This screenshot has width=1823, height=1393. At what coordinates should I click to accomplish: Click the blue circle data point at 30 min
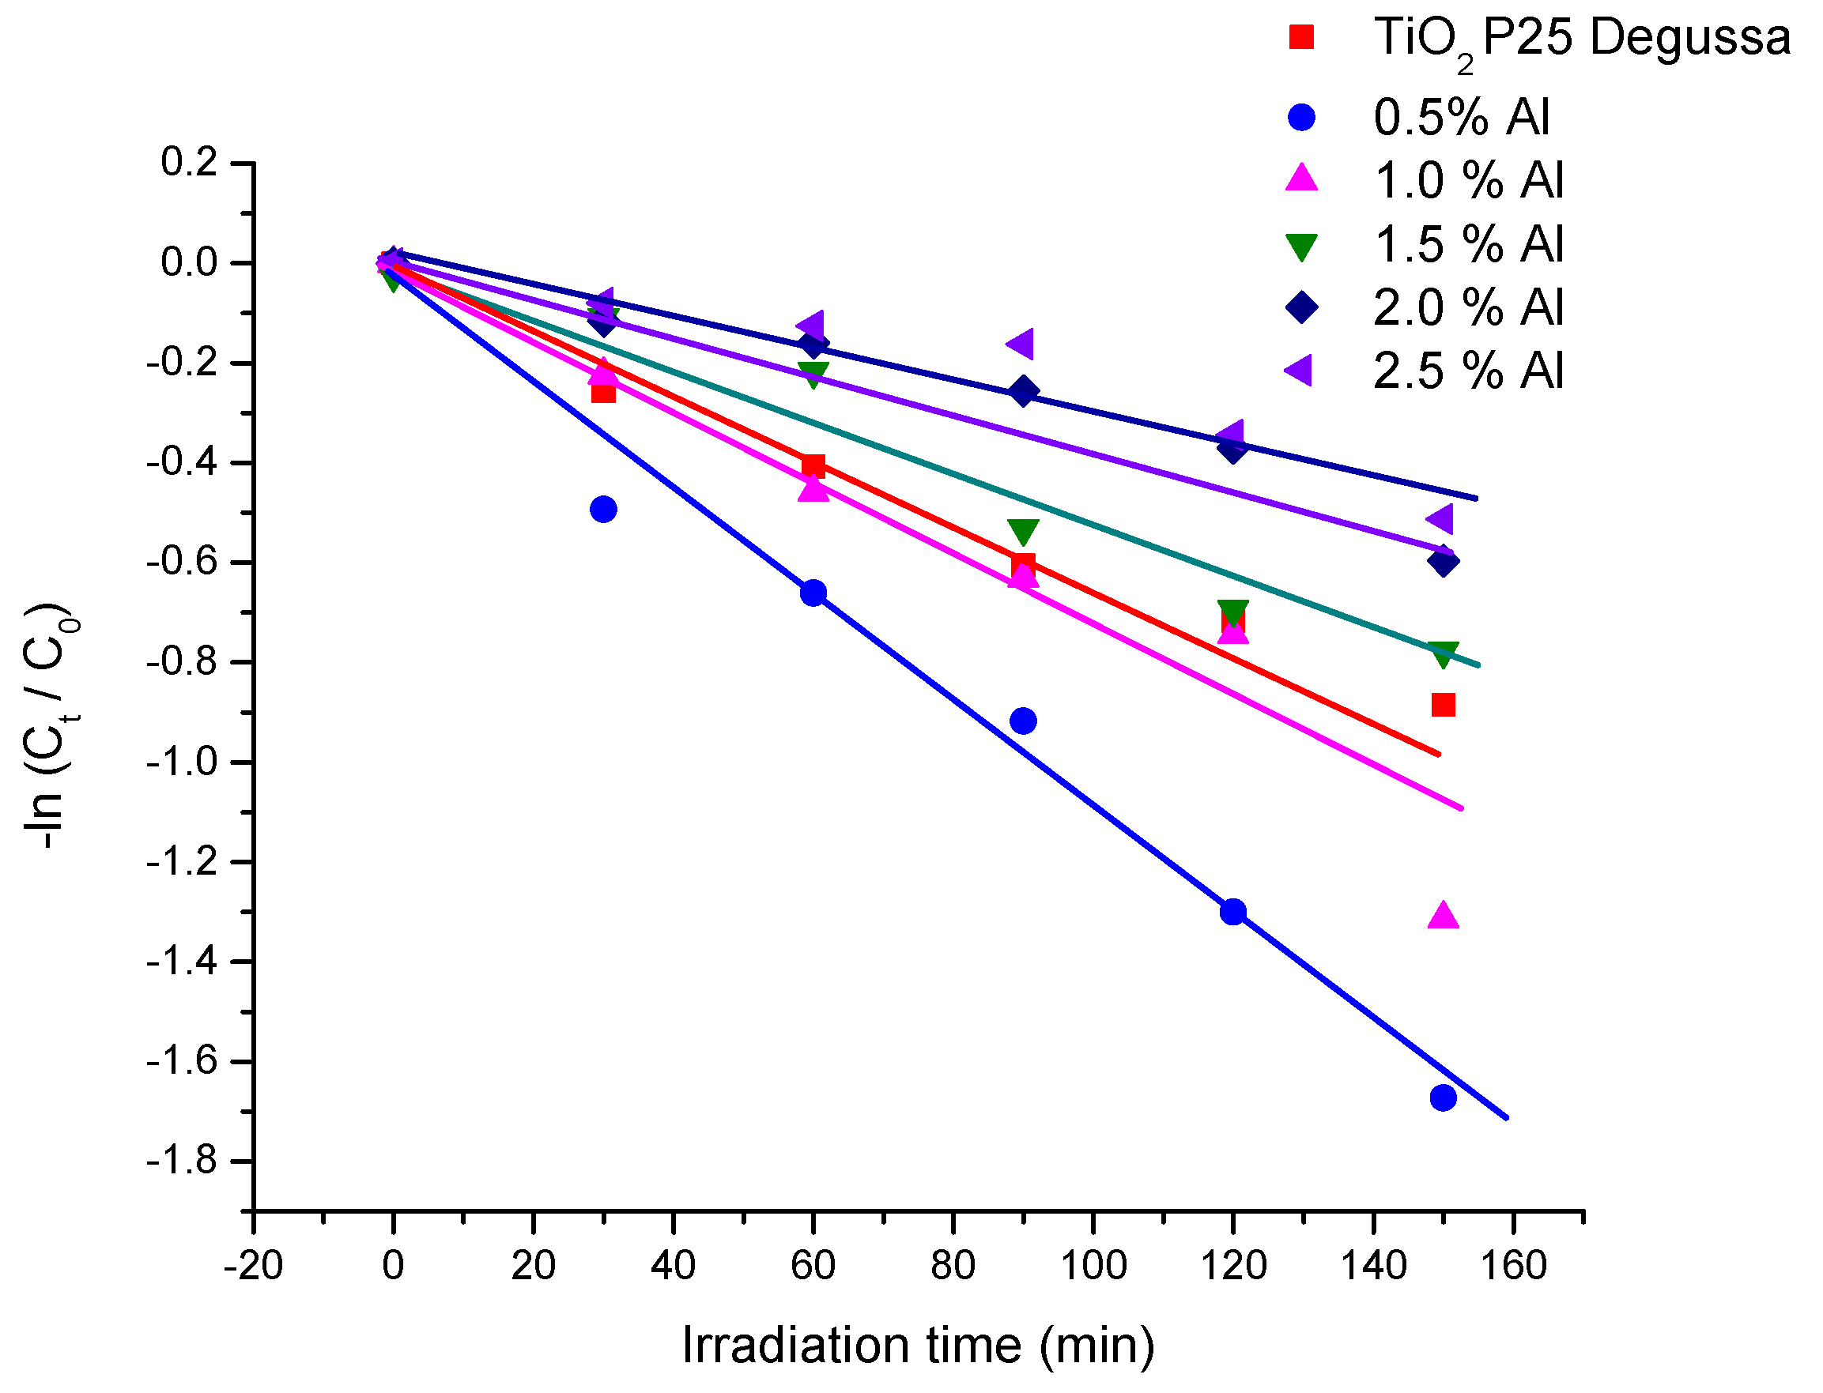[x=603, y=508]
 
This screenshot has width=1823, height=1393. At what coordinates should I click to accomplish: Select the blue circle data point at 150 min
[x=1442, y=1097]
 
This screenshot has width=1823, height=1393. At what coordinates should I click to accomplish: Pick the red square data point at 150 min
[x=1442, y=705]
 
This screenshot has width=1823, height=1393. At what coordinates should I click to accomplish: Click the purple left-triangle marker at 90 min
[x=1021, y=342]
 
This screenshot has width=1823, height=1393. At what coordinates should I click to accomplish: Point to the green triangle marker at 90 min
[x=1023, y=531]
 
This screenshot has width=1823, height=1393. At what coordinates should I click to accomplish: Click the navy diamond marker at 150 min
[x=1442, y=561]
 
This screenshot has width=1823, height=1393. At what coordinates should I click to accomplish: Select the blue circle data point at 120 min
[x=1232, y=912]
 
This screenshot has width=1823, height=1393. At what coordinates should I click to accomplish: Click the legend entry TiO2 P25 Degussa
[x=1581, y=37]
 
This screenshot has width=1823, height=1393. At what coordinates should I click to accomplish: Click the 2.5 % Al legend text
[x=1467, y=370]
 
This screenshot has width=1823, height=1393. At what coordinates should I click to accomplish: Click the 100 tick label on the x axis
[x=1093, y=1266]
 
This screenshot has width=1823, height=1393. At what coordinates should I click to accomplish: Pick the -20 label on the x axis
[x=253, y=1266]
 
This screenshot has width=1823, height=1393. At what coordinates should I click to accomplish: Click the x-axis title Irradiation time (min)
[x=917, y=1345]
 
